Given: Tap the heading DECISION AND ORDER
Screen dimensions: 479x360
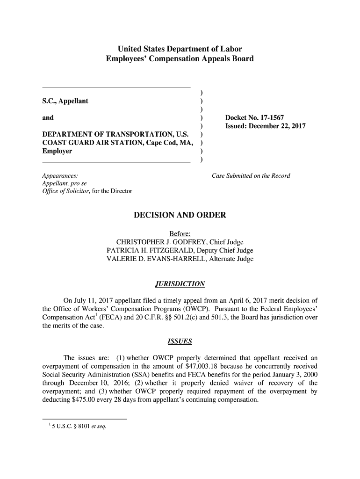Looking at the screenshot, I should (180, 215).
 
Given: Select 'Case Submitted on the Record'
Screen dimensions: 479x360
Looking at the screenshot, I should (251, 176).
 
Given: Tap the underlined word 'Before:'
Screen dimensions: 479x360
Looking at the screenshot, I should (180, 233).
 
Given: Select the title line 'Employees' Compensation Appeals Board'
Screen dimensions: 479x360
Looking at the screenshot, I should (180, 59).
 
